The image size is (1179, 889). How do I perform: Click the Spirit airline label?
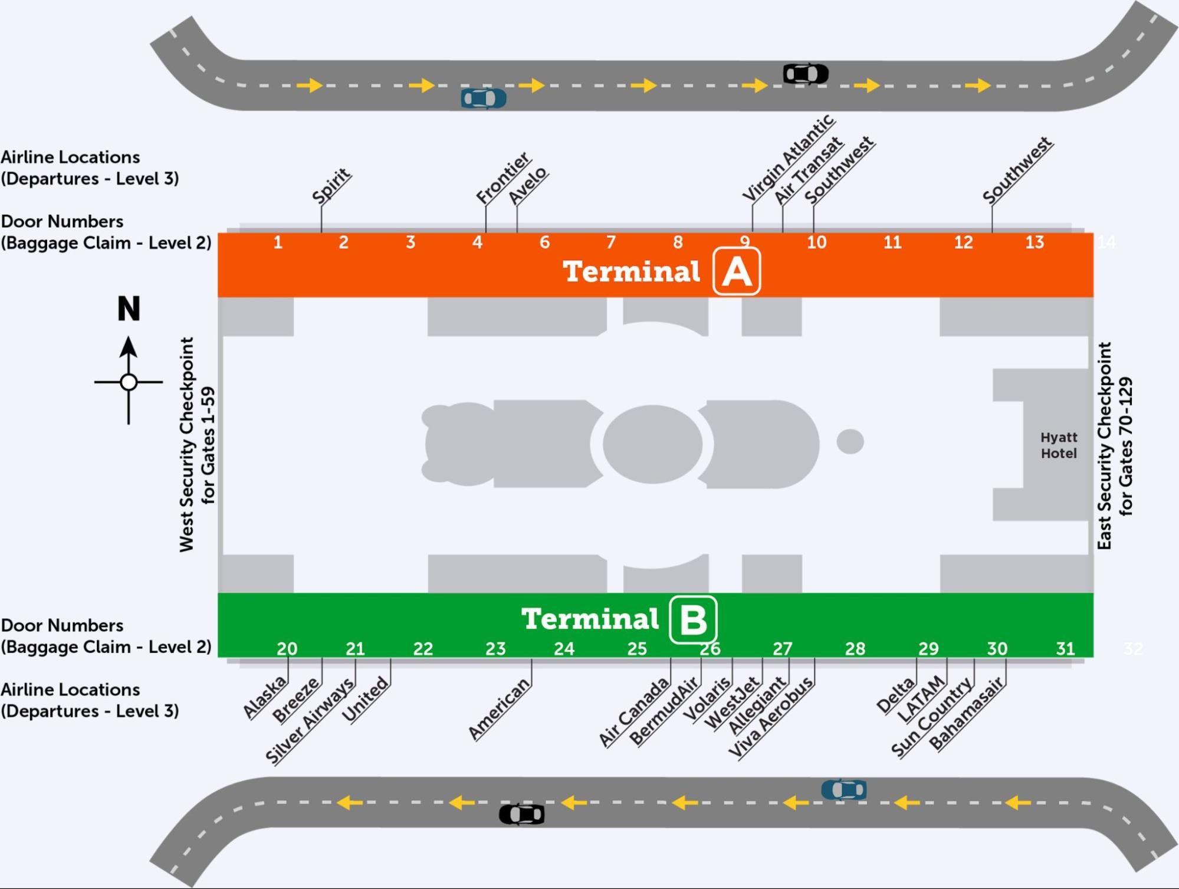331,186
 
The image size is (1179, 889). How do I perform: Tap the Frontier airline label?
503,178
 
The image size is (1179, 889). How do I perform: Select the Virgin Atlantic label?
787,158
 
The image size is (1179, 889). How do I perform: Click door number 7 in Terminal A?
611,242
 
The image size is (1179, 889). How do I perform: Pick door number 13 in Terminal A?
1035,242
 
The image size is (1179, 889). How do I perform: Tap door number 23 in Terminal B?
495,649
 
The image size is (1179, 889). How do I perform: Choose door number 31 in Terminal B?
1065,649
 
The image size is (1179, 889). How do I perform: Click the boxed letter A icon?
737,272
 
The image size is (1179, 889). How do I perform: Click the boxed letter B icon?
693,619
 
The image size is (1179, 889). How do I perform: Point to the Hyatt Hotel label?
1059,445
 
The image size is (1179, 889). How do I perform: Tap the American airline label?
499,708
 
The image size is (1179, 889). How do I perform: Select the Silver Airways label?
310,721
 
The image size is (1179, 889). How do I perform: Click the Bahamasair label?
966,714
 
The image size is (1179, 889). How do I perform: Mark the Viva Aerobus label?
770,717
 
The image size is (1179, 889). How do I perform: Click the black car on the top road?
806,74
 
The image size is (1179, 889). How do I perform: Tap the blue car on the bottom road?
844,789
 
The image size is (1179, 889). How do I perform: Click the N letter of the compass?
129,309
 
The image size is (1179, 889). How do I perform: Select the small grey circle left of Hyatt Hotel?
850,441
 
